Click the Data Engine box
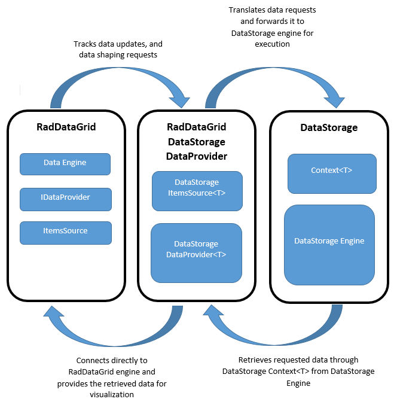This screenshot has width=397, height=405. pyautogui.click(x=65, y=163)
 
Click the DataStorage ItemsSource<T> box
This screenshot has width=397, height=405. pyautogui.click(x=197, y=191)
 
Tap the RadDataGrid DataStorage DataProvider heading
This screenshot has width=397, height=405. pyautogui.click(x=197, y=142)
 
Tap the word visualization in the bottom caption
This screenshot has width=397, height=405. pyautogui.click(x=111, y=394)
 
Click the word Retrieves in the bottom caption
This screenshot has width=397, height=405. pyautogui.click(x=255, y=360)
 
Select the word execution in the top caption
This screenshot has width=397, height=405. pyautogui.click(x=272, y=44)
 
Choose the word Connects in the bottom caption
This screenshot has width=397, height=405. pyautogui.click(x=93, y=361)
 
